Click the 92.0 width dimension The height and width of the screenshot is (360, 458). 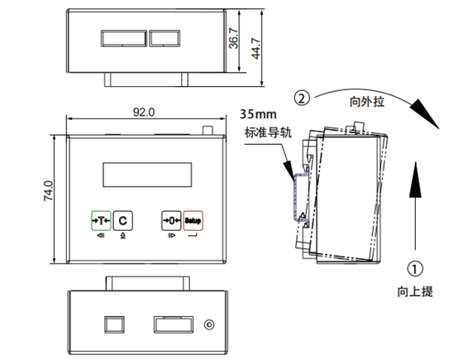pyautogui.click(x=144, y=113)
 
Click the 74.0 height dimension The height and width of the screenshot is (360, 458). pyautogui.click(x=49, y=190)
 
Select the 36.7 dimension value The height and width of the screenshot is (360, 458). pyautogui.click(x=234, y=38)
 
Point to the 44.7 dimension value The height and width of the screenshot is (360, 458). pyautogui.click(x=256, y=48)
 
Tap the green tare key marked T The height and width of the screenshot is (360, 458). pyautogui.click(x=101, y=220)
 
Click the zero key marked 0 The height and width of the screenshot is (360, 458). pyautogui.click(x=171, y=220)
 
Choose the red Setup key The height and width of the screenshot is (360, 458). pyautogui.click(x=193, y=220)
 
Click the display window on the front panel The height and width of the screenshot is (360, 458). pyautogui.click(x=147, y=175)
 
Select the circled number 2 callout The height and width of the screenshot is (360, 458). pyautogui.click(x=302, y=98)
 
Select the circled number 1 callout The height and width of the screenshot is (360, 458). pyautogui.click(x=415, y=268)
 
